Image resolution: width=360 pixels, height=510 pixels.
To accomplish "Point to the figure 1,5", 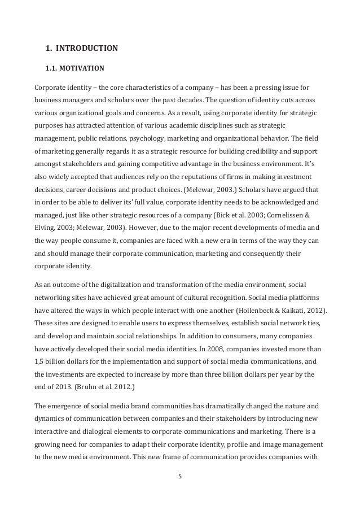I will (41, 361).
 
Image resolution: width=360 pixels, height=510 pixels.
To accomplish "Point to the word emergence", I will (70, 405).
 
